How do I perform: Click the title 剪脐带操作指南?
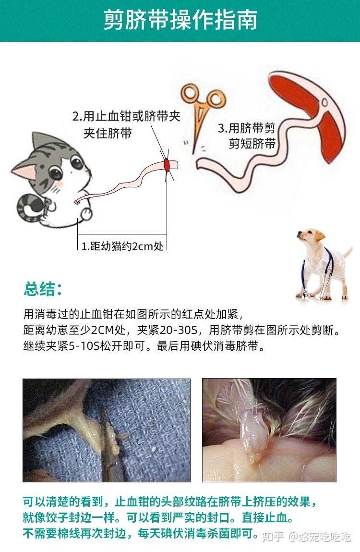tap(180, 20)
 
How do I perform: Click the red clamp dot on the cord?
tap(167, 165)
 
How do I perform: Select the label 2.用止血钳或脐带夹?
tap(126, 117)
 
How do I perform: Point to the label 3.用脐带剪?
tap(246, 128)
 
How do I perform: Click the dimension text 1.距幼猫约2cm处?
tap(122, 246)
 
